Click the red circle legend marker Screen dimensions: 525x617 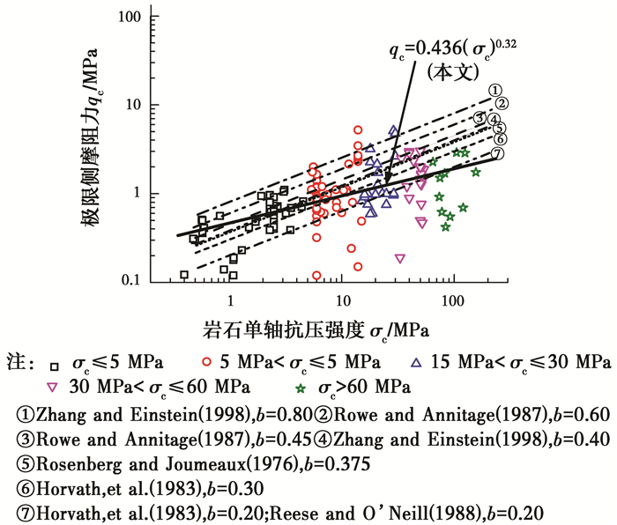tap(205, 363)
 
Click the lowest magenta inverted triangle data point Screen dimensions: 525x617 tap(400, 259)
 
